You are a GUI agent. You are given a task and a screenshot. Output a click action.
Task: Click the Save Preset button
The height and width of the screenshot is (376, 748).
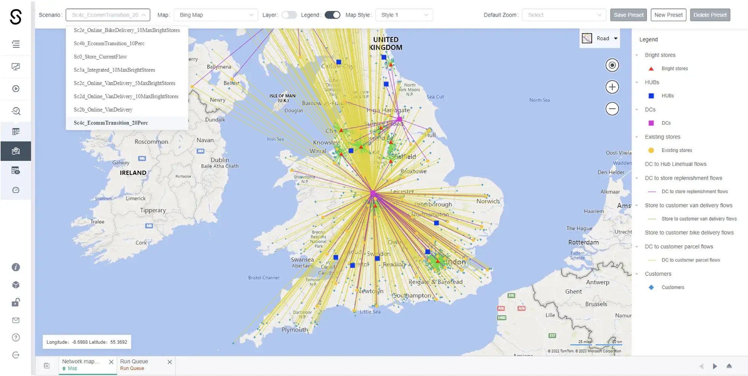point(628,15)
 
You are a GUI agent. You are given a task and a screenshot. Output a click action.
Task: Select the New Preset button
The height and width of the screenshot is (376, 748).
point(668,15)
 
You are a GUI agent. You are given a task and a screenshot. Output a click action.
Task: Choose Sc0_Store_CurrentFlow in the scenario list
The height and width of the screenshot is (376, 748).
point(100,57)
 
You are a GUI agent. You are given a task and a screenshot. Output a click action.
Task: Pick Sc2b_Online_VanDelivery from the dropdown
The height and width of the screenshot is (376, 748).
point(103,110)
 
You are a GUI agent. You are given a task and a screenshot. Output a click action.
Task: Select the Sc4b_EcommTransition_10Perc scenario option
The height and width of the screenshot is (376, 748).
point(109,43)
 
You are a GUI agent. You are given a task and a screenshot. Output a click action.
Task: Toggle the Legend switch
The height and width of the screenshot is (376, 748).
point(332,15)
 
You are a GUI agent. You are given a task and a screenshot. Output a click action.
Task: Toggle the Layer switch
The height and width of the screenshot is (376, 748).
point(289,15)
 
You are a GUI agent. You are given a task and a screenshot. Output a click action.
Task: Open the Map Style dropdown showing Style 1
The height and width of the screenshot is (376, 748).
point(404,15)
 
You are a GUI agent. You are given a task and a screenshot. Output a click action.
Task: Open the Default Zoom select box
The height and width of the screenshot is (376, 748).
point(564,15)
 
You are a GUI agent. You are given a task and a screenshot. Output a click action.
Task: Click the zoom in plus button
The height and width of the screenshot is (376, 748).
point(612,87)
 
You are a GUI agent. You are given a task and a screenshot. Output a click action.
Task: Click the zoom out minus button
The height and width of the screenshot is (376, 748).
point(612,109)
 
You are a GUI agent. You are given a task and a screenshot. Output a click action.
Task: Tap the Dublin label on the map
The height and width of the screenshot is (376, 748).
point(220,160)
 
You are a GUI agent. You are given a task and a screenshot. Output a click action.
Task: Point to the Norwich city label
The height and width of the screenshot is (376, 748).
point(488,201)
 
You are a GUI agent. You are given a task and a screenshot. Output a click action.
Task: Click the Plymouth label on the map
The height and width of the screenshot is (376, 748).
point(294,330)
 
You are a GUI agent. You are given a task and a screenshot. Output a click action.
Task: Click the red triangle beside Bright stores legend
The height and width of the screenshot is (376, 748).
point(651,69)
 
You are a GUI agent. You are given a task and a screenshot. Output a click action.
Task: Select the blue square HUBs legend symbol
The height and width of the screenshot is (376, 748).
point(651,96)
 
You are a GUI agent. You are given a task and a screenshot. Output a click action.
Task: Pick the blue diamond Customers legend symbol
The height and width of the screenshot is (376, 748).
point(651,287)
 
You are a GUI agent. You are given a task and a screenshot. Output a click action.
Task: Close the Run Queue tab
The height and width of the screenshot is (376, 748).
point(169,362)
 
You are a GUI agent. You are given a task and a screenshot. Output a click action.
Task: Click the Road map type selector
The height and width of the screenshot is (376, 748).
point(600,38)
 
